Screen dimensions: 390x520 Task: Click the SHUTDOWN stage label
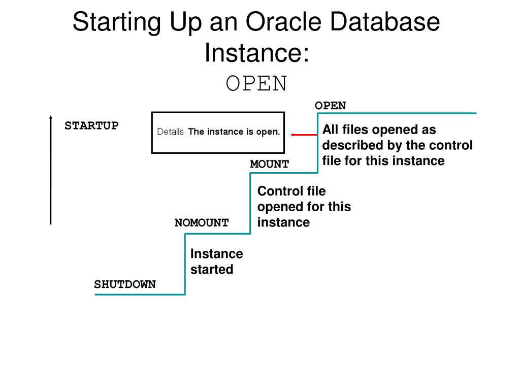(124, 284)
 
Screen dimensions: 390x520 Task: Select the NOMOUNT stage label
(202, 223)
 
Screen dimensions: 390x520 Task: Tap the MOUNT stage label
(269, 164)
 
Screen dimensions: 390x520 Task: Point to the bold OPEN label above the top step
(330, 106)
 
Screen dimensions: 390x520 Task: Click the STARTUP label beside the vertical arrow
(91, 125)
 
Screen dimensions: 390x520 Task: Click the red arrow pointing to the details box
(304, 135)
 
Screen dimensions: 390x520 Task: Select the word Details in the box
(170, 132)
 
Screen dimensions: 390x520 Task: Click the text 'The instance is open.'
(234, 132)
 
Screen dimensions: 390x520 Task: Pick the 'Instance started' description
(216, 262)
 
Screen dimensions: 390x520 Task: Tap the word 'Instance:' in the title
(256, 52)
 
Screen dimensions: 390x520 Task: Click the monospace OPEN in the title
(256, 84)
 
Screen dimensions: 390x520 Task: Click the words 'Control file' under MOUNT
(291, 191)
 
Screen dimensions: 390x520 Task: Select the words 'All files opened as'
(379, 130)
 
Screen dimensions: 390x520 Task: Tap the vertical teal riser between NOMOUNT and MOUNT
(250, 203)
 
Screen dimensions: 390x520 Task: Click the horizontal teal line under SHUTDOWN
(140, 294)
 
